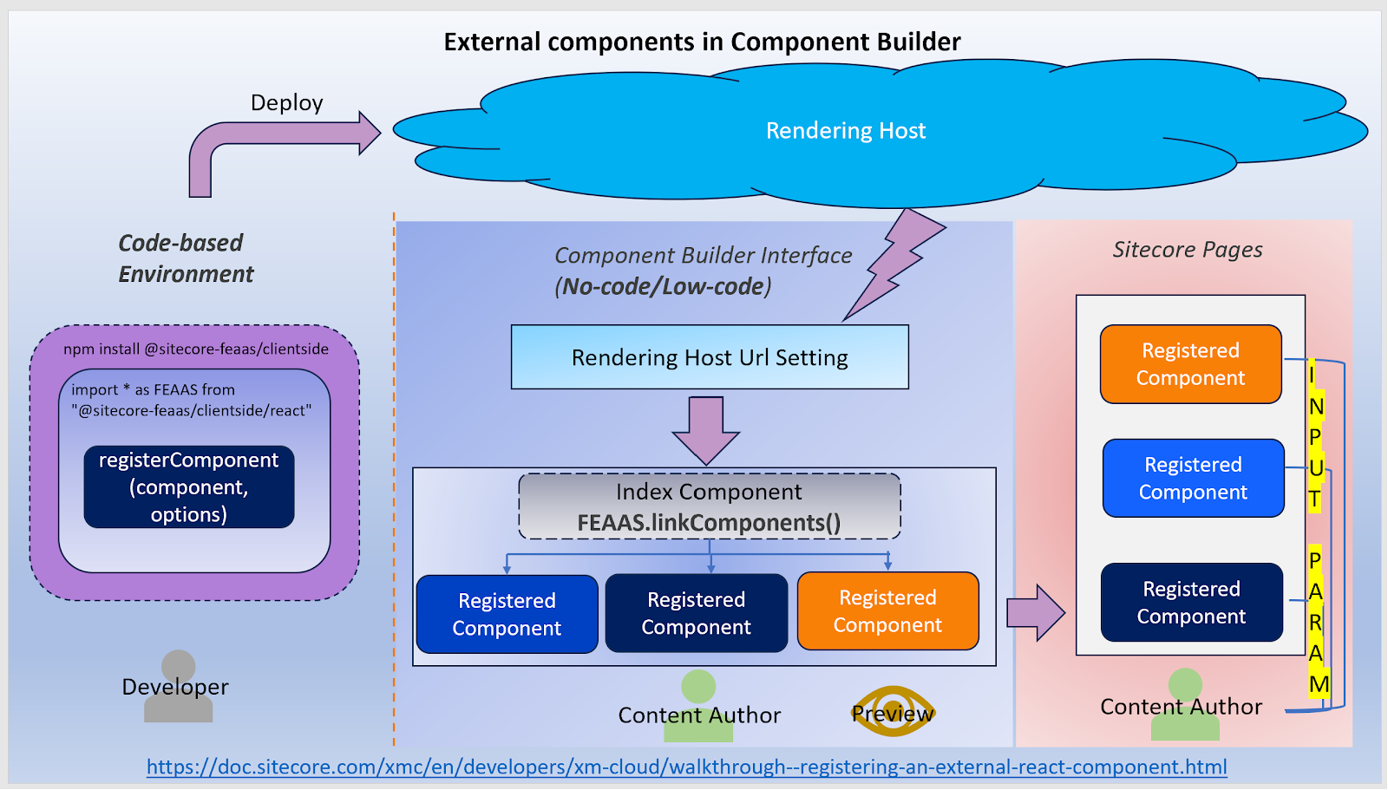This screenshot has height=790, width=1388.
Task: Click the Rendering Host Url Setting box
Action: point(710,357)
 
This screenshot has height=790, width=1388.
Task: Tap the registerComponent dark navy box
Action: point(189,487)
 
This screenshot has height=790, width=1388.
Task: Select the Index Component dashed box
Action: point(710,506)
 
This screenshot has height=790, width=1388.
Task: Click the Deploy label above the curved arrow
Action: point(286,103)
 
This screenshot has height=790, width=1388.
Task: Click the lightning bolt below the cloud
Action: point(895,264)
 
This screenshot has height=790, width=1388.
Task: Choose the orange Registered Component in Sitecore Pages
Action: point(1190,364)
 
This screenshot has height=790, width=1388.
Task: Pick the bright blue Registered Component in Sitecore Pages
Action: point(1193,479)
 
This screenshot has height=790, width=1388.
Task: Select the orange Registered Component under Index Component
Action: point(888,611)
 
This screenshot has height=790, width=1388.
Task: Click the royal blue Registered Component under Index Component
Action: point(507,614)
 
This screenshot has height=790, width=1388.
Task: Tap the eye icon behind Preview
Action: point(893,711)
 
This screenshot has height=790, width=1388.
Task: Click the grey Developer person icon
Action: point(179,686)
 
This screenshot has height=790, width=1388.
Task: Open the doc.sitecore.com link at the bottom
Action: point(686,767)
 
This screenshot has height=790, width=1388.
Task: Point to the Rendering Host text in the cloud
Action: point(846,131)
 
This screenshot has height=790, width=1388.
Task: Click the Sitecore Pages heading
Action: point(1188,249)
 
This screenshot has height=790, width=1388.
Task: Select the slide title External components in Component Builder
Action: point(702,42)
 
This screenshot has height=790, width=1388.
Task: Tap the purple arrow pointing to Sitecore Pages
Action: point(1036,613)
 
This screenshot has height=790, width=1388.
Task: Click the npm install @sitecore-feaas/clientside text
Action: point(196,349)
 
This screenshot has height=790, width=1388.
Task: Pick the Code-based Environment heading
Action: point(186,258)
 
